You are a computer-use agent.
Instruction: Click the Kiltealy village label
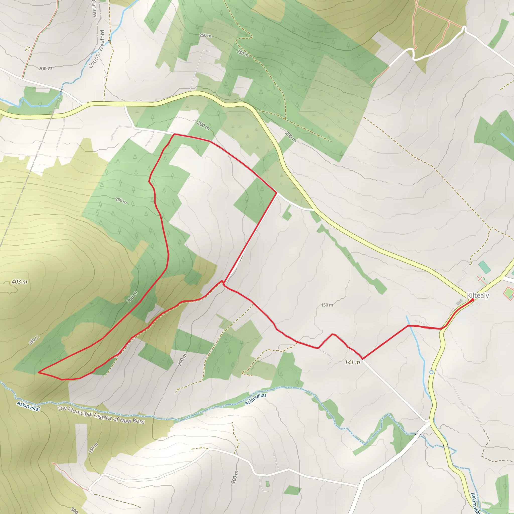coord(478,296)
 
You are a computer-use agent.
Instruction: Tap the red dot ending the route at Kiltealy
coord(473,300)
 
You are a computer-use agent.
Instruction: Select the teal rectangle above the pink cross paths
coord(484,267)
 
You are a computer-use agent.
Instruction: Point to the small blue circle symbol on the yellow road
coord(431,372)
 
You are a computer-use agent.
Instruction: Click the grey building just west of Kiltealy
coord(460,302)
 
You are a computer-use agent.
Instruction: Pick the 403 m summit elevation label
coord(19,282)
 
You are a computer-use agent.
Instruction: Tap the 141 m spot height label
coord(352,362)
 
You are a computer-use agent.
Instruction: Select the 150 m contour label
coord(327,305)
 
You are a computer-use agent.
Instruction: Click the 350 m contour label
coord(34,340)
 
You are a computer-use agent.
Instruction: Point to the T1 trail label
coord(28,49)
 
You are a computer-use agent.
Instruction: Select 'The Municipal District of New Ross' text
coord(101,415)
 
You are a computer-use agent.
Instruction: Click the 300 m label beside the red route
coord(132,297)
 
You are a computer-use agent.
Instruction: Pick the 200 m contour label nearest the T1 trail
coord(45,68)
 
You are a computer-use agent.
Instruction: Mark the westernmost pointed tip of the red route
coord(39,372)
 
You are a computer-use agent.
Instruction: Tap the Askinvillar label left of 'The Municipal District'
coord(28,406)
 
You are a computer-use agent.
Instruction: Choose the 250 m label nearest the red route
coord(121,201)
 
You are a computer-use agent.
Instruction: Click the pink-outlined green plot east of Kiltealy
coord(509,293)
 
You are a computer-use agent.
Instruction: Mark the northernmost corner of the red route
coord(174,134)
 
